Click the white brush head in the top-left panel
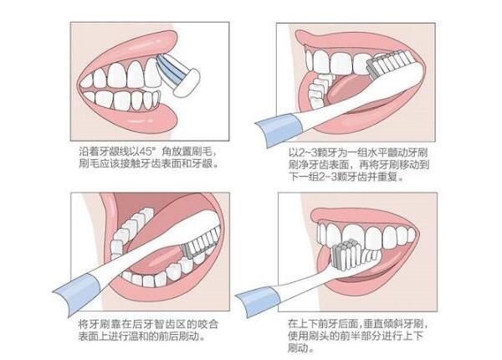187,83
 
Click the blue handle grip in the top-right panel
279,130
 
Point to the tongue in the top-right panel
348,90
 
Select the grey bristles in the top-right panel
371,69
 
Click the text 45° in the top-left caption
148,151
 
